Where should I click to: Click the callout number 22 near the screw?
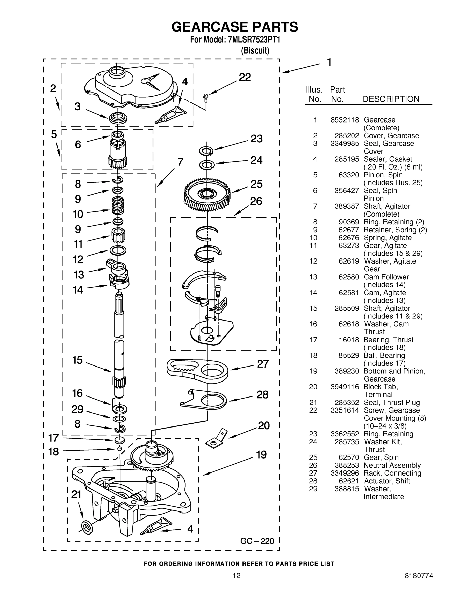tap(245, 77)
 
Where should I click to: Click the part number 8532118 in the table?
tap(345, 120)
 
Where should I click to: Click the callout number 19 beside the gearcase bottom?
tap(262, 455)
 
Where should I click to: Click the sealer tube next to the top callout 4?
tap(171, 115)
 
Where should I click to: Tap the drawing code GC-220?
tap(257, 541)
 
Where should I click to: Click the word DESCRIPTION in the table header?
tap(391, 99)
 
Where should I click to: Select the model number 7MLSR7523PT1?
tap(254, 40)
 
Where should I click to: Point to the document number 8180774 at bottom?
tap(419, 575)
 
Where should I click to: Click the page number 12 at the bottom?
tap(236, 575)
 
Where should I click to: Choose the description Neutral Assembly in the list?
tap(392, 465)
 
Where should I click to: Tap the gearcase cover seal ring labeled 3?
tap(118, 118)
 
